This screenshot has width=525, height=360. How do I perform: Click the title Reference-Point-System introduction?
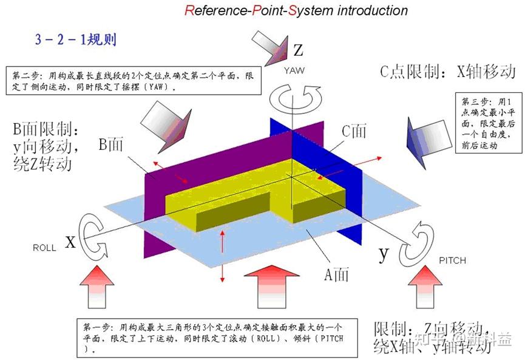click(296, 10)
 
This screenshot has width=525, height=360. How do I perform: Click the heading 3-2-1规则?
click(76, 41)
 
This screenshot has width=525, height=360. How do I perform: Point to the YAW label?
click(294, 70)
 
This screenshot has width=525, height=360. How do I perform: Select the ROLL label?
click(44, 248)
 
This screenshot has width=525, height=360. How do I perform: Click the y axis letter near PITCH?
click(383, 253)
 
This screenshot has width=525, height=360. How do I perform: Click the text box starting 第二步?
click(133, 81)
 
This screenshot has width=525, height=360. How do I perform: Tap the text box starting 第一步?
click(218, 337)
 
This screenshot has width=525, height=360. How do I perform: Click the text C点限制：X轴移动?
click(448, 72)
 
